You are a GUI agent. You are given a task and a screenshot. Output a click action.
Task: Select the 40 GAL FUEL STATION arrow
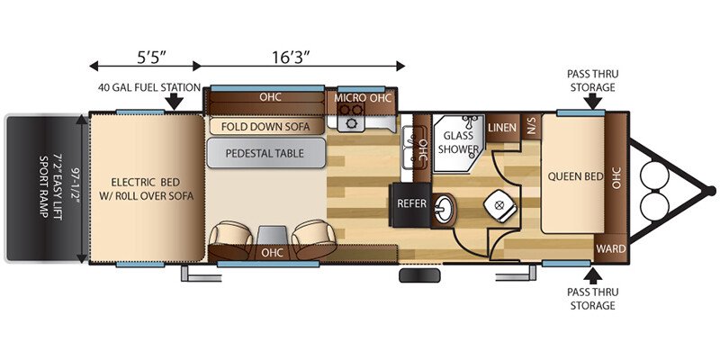coord(174,101)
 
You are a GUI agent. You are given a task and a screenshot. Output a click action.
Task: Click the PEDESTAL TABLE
coord(265,153)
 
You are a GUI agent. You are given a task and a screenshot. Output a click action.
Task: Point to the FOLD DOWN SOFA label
coord(265,126)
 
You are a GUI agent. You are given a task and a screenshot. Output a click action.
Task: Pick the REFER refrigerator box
coord(411,203)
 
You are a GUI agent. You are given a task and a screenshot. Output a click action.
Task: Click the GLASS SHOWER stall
coord(458,143)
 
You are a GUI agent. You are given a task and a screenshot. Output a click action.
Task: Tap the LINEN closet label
coord(502,127)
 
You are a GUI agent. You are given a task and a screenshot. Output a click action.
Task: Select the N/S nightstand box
coord(532,125)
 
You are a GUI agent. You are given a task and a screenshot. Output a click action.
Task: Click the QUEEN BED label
coord(575,176)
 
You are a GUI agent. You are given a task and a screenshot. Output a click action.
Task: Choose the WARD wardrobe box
coord(611,248)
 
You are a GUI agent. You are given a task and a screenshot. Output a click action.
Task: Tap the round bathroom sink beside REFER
coord(443,211)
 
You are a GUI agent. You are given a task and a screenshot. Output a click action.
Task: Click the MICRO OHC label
coord(363,98)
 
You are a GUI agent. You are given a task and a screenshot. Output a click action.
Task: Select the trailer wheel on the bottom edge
coord(419,275)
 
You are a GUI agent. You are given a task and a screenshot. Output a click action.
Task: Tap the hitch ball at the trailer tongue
coord(710,190)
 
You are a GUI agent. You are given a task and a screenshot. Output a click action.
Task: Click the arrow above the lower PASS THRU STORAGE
coord(593,275)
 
